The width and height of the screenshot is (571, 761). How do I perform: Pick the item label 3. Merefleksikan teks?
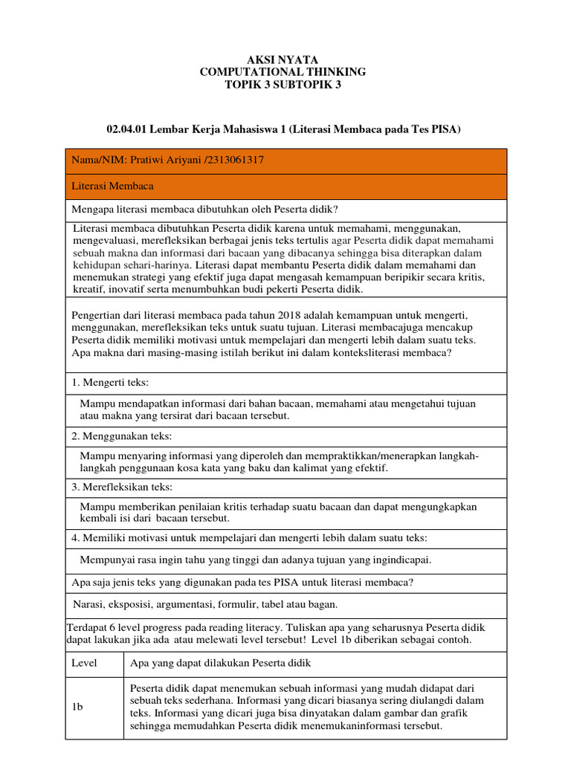pyautogui.click(x=122, y=487)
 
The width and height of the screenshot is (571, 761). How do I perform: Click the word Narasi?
pyautogui.click(x=88, y=603)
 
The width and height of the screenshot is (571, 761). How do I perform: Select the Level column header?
pyautogui.click(x=84, y=662)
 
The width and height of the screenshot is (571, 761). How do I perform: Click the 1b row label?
pyautogui.click(x=77, y=707)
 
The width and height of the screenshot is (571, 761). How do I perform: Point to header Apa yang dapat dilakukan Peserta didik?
pyautogui.click(x=220, y=662)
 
